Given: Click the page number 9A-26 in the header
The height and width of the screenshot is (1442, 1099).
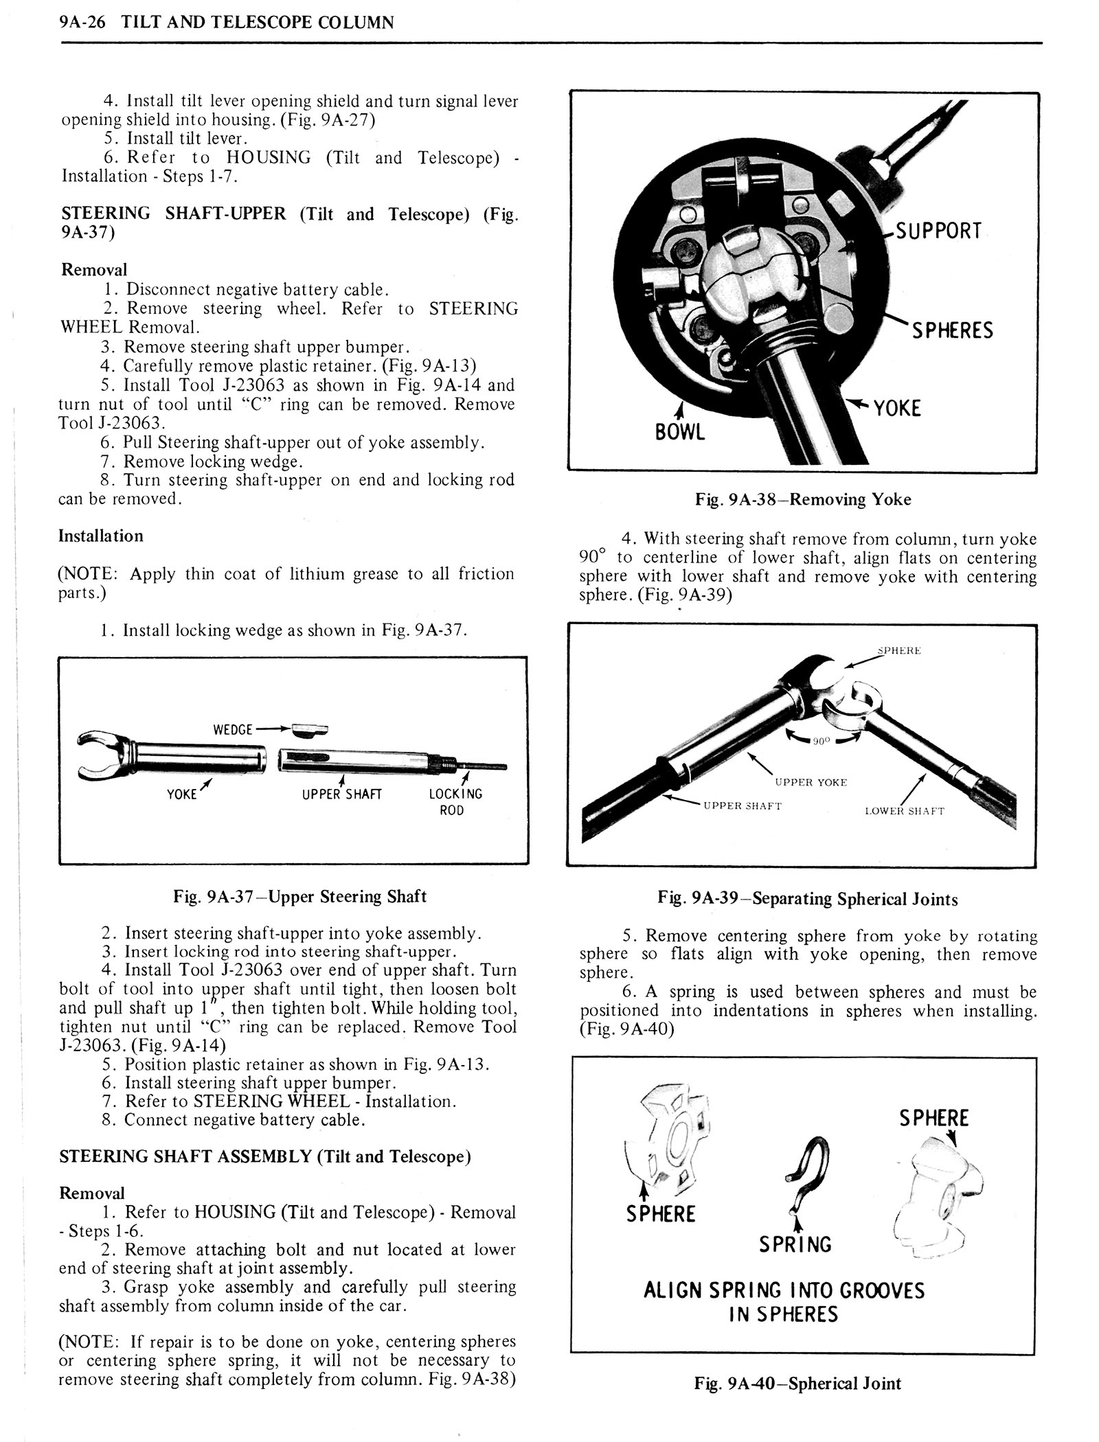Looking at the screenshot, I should (81, 22).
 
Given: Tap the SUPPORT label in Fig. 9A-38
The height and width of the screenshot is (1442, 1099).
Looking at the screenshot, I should (939, 231).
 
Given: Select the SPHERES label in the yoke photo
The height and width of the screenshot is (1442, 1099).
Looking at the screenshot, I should (952, 330).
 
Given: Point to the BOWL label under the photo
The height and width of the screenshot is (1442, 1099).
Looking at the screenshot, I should (680, 433).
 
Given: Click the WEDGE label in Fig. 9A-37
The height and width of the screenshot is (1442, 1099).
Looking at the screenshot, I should (233, 729).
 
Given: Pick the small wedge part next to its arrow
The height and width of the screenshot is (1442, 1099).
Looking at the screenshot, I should (310, 729).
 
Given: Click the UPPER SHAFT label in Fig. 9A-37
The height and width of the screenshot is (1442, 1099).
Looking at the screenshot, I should (341, 794).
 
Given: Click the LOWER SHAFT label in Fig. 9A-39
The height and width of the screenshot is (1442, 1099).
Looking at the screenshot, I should (904, 811).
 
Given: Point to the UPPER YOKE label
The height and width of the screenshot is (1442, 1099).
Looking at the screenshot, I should (811, 782).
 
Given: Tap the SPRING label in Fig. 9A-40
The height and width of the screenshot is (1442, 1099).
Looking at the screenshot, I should (795, 1244).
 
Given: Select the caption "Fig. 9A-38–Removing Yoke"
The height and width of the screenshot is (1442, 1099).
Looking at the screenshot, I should (802, 499).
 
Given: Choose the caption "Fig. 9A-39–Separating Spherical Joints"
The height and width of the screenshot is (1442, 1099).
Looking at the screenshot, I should (807, 899).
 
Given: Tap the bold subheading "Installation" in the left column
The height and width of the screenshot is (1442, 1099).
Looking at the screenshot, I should (101, 536).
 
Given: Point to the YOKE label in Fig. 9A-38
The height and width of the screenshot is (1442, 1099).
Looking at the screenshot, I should (896, 409).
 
